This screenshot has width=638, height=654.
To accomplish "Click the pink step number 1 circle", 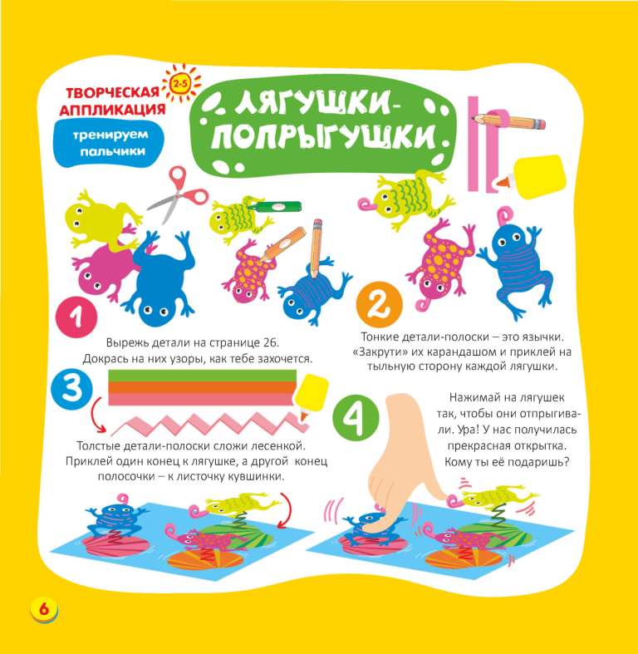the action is click(76, 317).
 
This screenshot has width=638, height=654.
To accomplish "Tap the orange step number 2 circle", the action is click(380, 305).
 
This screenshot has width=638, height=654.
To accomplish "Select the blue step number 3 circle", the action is click(71, 389).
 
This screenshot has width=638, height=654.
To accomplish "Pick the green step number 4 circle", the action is click(356, 417).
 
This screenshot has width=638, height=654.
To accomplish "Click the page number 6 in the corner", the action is click(44, 610).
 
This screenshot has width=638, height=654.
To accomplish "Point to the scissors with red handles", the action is click(179, 193).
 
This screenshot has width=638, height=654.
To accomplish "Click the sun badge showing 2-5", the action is click(181, 85).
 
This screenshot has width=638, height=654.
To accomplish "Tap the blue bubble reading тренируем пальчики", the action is click(110, 143).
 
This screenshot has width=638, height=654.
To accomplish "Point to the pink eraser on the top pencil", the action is click(538, 124).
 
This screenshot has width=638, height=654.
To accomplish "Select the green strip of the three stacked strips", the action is click(202, 376).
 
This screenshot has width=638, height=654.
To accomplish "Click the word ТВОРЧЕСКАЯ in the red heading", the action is click(113, 92).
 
